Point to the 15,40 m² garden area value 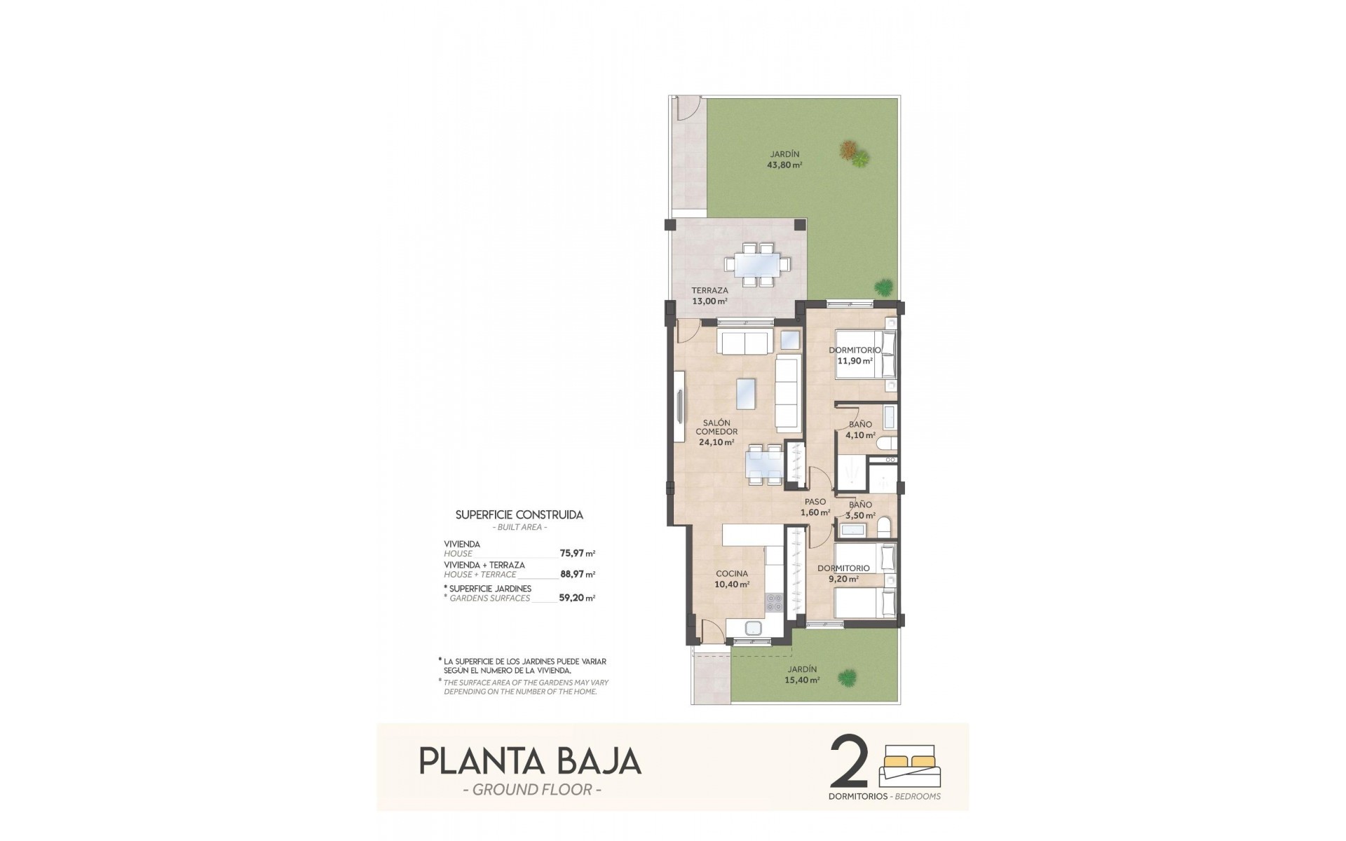[x=803, y=679]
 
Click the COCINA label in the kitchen [x=732, y=573]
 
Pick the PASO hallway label [x=815, y=502]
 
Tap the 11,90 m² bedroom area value [x=855, y=361]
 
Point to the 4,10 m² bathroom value [x=860, y=435]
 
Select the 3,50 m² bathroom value [x=860, y=515]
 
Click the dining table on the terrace [x=758, y=265]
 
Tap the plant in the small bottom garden [x=848, y=678]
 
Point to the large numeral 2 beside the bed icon [x=849, y=762]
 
